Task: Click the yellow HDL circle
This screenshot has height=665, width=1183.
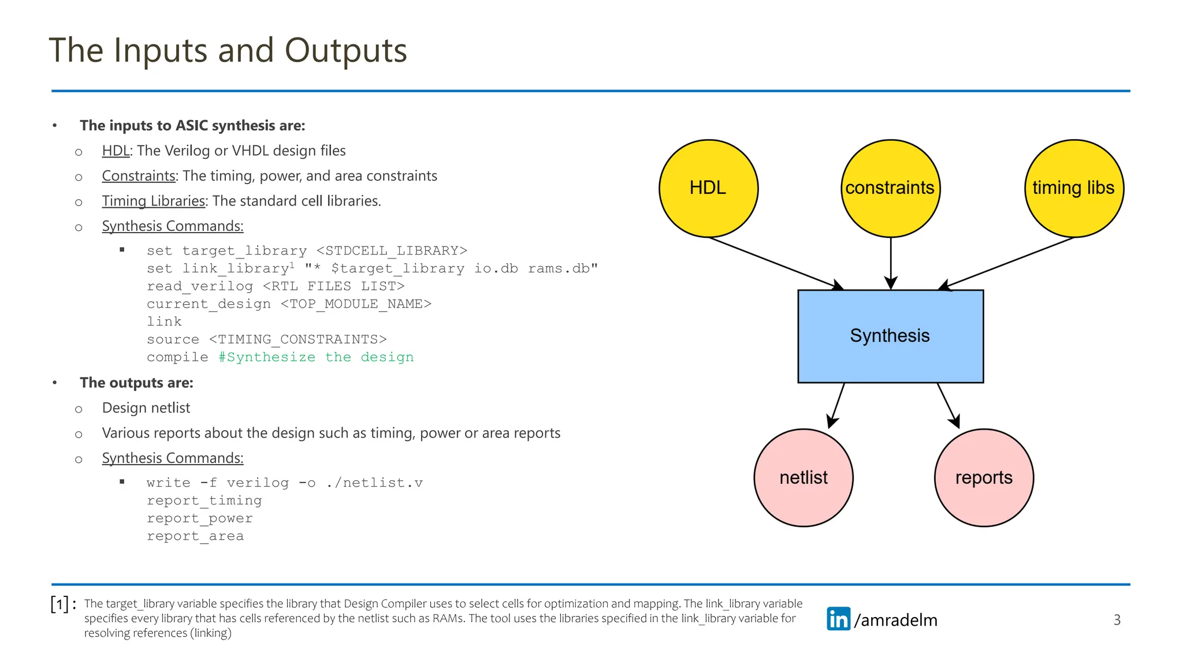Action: click(x=708, y=188)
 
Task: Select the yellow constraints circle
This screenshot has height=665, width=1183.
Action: click(x=890, y=188)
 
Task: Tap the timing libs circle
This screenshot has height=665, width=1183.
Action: click(x=1074, y=188)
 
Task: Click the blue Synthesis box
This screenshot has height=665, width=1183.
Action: click(x=890, y=336)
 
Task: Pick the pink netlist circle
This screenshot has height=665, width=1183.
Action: click(x=803, y=477)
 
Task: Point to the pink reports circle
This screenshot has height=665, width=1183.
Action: click(x=984, y=477)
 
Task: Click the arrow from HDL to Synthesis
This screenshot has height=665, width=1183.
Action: click(x=774, y=263)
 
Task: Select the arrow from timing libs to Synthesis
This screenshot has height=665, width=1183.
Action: click(x=1008, y=263)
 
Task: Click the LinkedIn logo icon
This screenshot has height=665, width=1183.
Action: click(x=838, y=619)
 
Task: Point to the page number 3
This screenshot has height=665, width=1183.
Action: click(x=1117, y=620)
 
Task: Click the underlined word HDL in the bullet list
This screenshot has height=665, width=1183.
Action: click(x=116, y=151)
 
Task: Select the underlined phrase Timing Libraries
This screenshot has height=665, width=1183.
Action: click(x=154, y=201)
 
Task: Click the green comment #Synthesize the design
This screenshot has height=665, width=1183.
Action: click(x=316, y=357)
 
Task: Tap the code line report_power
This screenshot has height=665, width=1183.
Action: click(x=199, y=518)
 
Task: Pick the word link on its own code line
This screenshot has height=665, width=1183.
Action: click(x=164, y=322)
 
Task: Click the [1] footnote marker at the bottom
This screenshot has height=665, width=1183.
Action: click(x=60, y=604)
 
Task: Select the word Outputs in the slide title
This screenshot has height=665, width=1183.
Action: click(x=345, y=50)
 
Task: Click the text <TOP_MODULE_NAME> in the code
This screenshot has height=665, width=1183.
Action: click(x=356, y=304)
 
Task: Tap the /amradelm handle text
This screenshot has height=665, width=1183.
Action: click(x=895, y=620)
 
